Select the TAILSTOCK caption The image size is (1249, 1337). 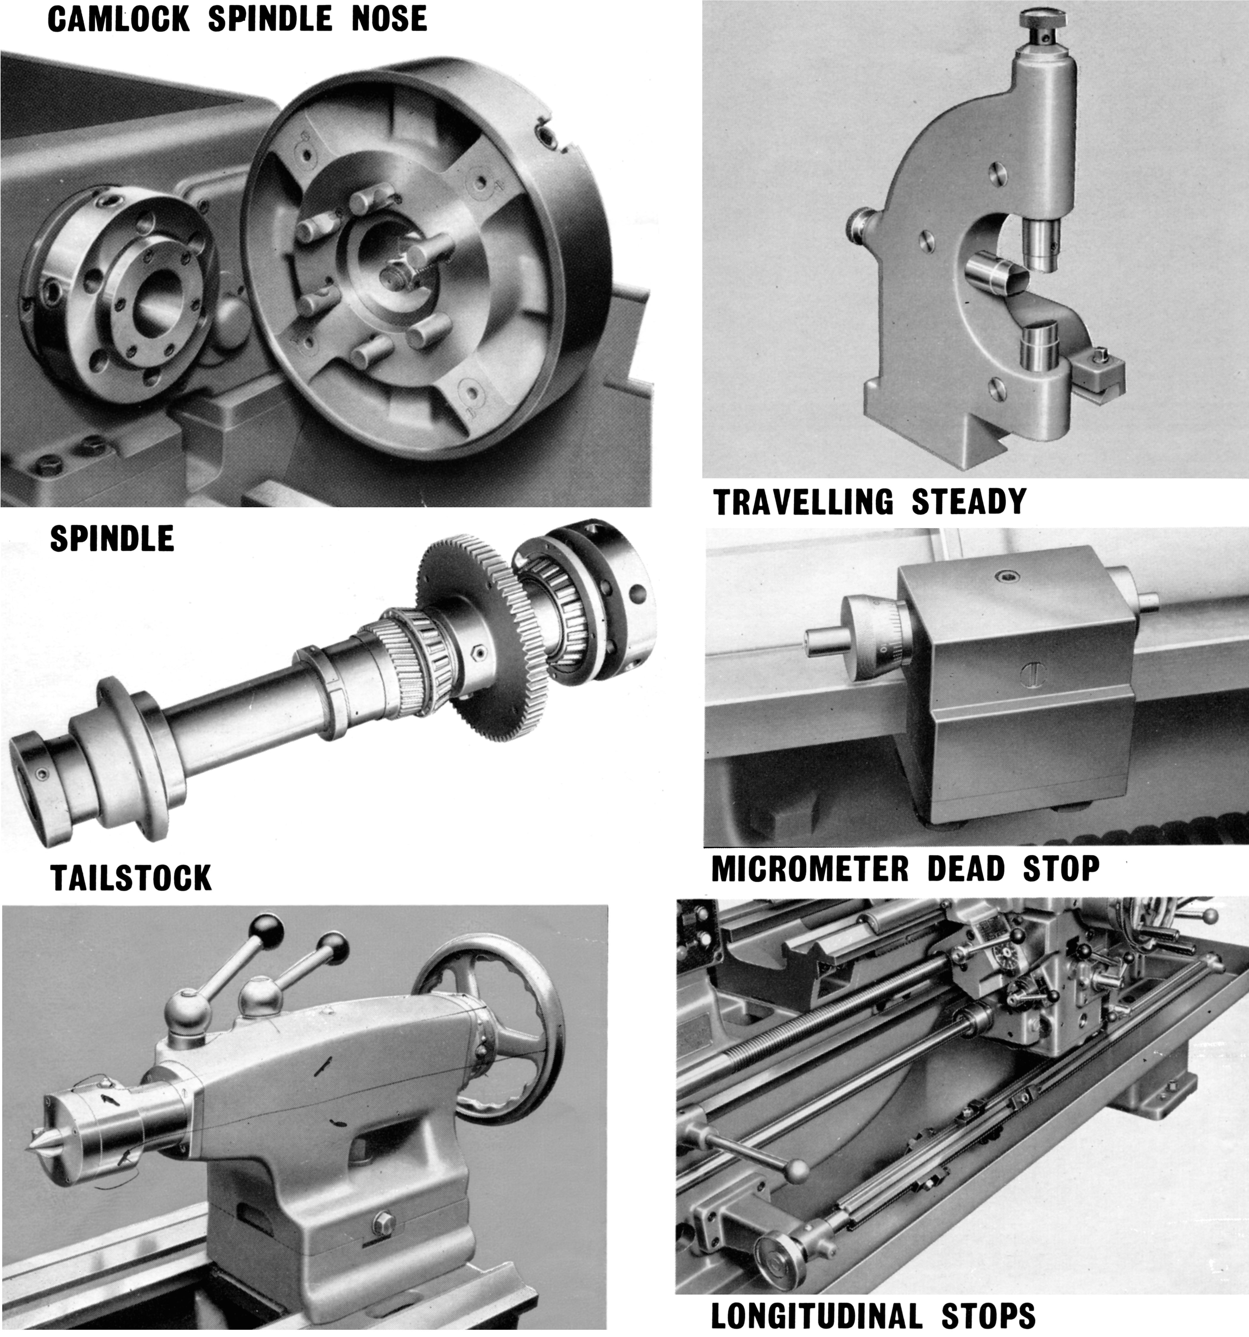point(131,878)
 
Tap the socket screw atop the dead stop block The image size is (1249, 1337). point(1007,576)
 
